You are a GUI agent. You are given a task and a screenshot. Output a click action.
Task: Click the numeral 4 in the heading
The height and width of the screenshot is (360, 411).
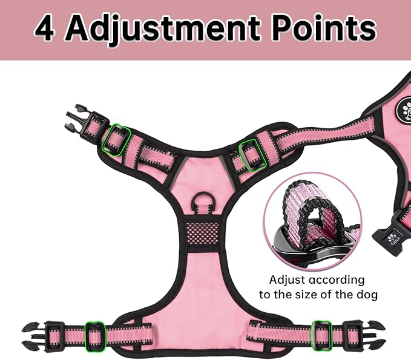[45, 28]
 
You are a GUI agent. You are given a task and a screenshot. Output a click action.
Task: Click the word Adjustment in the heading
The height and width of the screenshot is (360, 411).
[163, 29]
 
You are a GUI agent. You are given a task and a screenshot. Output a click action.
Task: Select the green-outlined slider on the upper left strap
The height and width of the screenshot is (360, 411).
[116, 140]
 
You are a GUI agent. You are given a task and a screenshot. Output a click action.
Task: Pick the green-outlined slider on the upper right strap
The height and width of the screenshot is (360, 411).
[253, 155]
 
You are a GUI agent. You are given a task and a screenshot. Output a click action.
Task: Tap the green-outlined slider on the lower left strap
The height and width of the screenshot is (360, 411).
[95, 336]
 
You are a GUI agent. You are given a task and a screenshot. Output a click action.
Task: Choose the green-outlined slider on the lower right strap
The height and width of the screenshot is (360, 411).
[321, 335]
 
